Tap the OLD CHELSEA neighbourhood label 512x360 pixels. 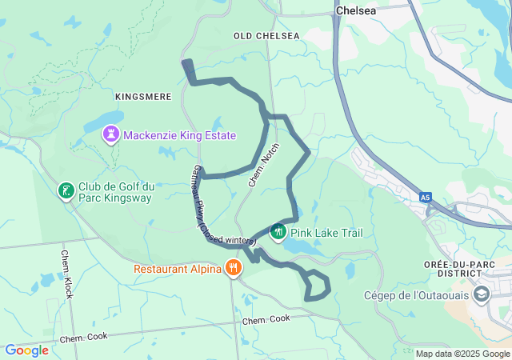[266, 36]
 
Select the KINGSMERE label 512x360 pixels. [143, 97]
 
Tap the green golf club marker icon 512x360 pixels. [66, 191]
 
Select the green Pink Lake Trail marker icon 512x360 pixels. [278, 232]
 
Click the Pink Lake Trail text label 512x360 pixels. [326, 233]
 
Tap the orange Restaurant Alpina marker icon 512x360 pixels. [234, 268]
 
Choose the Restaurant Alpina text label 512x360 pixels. [178, 269]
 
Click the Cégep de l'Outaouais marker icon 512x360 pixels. [482, 294]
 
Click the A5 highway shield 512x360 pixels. [424, 195]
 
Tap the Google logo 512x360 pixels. [26, 350]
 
